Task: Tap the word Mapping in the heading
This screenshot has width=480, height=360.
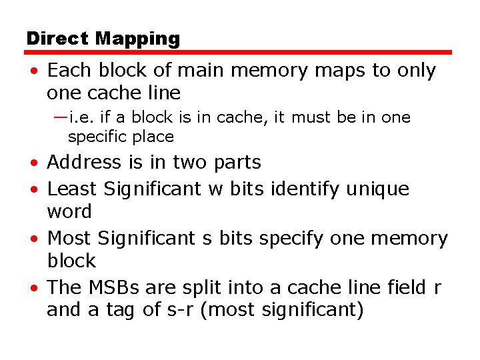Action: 137,39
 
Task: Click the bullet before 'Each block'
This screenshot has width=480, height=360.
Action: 33,71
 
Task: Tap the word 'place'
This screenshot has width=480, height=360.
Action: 152,138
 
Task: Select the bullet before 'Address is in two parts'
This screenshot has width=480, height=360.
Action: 33,163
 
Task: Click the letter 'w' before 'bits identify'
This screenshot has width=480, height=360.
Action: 215,189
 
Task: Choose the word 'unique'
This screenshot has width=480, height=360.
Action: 378,190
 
